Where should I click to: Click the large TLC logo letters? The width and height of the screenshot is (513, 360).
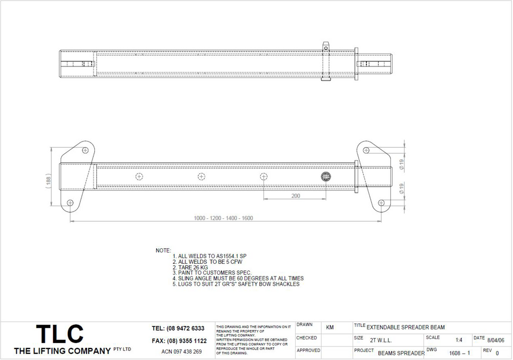(60, 334)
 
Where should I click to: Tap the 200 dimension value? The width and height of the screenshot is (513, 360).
(296, 196)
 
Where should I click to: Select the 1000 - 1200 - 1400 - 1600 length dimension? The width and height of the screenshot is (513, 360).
(223, 218)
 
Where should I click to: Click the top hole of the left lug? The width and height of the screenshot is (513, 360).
(85, 150)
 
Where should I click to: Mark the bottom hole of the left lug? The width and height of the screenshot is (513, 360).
(70, 203)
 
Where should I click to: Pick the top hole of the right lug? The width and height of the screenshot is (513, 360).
(366, 150)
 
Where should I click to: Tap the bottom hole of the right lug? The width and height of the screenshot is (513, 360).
(381, 203)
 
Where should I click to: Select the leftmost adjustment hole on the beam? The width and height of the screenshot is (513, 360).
(139, 177)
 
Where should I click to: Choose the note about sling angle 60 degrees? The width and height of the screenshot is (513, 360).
(237, 278)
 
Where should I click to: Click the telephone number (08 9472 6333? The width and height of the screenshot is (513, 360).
(178, 328)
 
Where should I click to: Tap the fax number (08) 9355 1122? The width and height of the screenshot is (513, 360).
(179, 341)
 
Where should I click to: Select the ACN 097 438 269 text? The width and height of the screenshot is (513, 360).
(181, 351)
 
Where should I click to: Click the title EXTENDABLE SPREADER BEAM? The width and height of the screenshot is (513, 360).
(405, 327)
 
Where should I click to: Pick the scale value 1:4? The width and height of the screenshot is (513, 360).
(459, 340)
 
